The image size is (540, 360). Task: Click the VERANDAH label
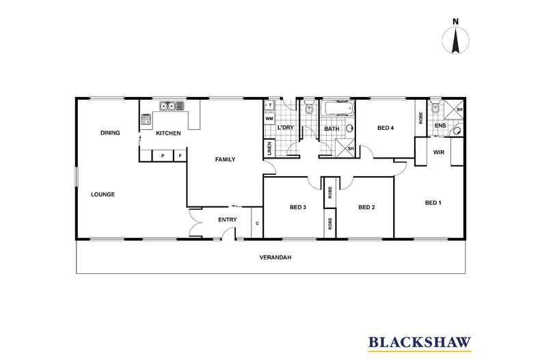275,258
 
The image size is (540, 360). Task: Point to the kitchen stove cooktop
146,120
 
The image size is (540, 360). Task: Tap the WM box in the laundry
269,118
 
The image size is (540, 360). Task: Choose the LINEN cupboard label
269,149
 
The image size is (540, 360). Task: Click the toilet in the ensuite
435,108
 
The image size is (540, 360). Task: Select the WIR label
439,152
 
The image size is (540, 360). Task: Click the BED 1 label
433,202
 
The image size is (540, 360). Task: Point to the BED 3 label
297,208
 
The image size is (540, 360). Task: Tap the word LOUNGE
103,195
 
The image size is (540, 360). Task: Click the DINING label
110,133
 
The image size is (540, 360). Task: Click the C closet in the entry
256,223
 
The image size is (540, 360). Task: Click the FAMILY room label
226,159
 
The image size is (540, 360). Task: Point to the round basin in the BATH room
350,128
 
